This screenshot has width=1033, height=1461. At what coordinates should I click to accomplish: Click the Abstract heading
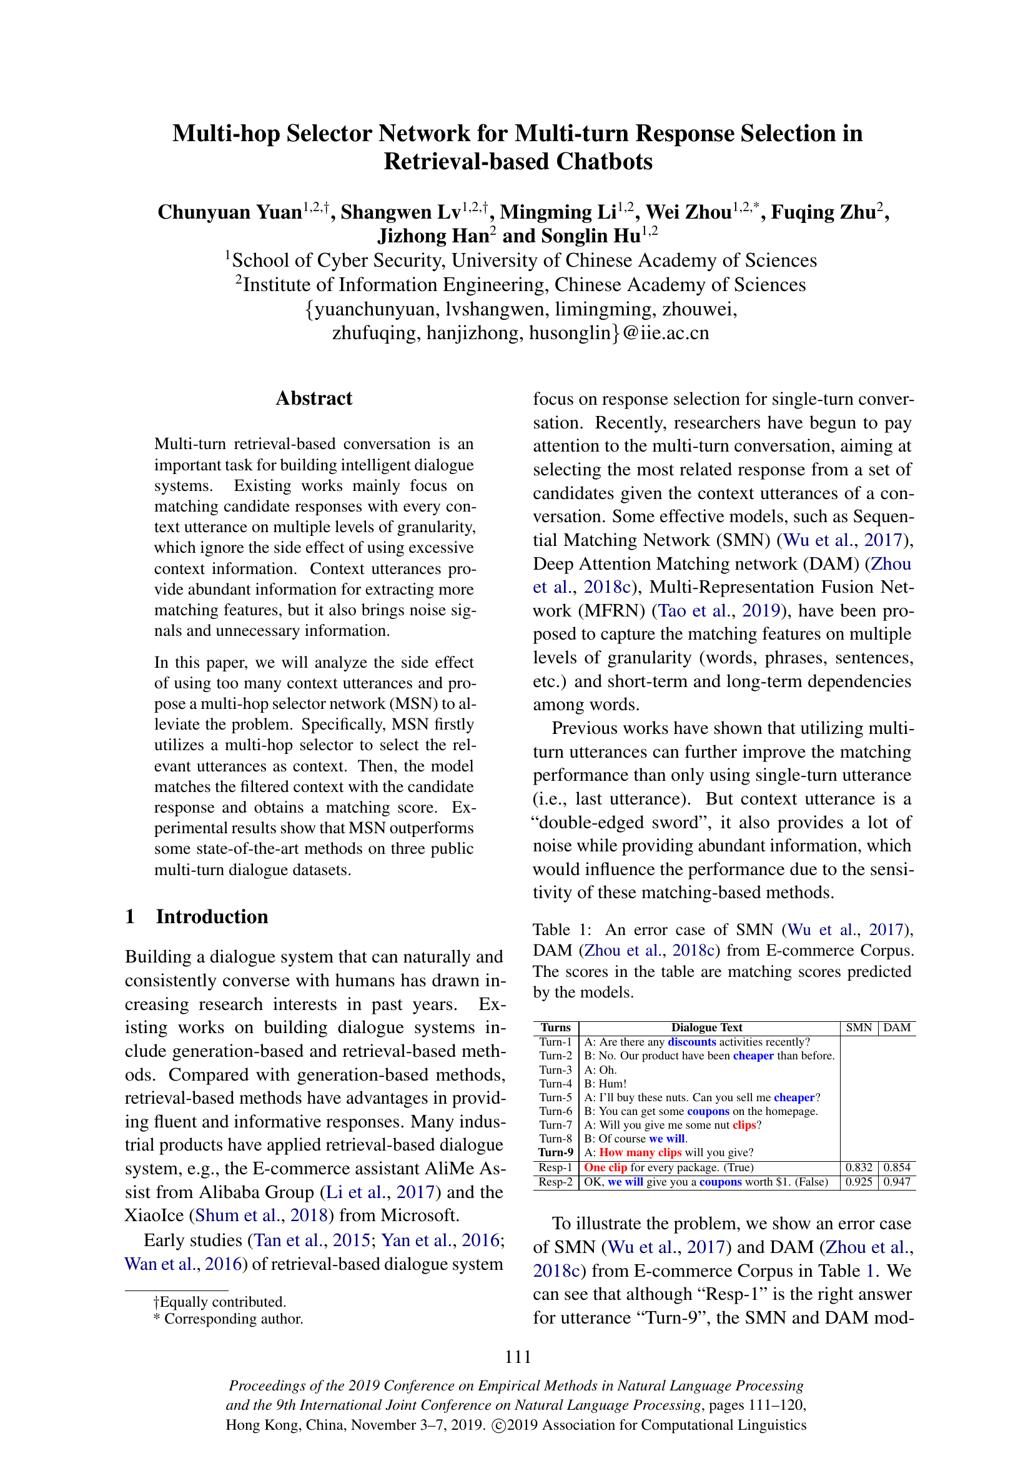click(314, 399)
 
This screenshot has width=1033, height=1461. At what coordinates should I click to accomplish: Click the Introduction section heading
click(212, 916)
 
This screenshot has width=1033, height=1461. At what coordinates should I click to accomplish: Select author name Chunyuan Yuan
click(230, 212)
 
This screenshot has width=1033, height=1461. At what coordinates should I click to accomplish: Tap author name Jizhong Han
click(433, 236)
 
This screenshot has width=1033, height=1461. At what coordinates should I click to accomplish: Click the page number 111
click(518, 1357)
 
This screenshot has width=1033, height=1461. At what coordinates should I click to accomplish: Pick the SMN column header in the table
click(859, 1028)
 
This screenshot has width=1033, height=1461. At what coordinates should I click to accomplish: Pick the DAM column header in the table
click(897, 1028)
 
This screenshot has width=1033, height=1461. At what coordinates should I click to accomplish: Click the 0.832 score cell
click(859, 1167)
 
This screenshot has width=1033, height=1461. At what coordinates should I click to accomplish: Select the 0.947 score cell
click(897, 1182)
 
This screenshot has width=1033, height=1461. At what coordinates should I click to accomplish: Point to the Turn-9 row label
click(556, 1152)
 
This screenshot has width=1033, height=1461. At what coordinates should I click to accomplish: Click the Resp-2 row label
click(555, 1182)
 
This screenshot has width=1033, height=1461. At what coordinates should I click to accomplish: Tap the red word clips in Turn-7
click(744, 1125)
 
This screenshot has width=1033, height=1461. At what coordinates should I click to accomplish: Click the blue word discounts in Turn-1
click(691, 1042)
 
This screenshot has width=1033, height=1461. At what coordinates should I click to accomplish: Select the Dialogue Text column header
click(707, 1028)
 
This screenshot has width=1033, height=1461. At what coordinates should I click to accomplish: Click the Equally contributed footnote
click(219, 1302)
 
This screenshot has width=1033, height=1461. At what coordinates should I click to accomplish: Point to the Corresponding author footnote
click(229, 1319)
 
